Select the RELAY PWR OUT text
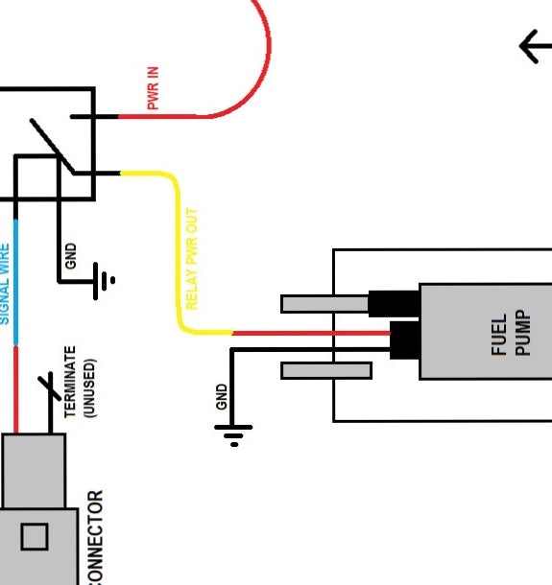(191, 259)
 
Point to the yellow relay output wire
(177, 249)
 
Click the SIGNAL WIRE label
(5, 282)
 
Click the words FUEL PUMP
(510, 333)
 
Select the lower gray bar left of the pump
(325, 370)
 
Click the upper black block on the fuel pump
(395, 303)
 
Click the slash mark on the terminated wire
(48, 387)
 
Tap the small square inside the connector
(35, 537)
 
